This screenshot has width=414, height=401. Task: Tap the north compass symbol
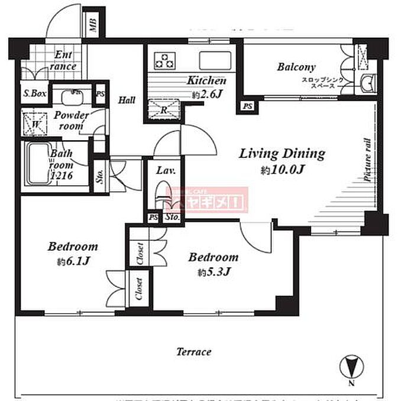pos(352,366)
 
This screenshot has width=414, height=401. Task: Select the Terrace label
pos(193,352)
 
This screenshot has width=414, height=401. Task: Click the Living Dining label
pos(282,154)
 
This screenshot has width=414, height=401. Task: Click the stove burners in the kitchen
pos(165,60)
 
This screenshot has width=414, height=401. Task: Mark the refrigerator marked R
pos(164,109)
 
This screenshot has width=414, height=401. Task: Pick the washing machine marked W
pos(35,124)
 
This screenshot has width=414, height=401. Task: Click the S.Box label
pos(34,93)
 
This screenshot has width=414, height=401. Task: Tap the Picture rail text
pos(368,159)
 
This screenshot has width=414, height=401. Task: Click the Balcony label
pos(296,67)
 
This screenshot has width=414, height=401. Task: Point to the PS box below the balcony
pos(247,106)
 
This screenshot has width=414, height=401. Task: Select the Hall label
pos(127,100)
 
